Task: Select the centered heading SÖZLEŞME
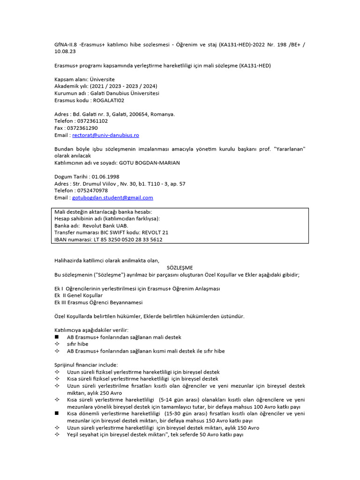(x=180, y=268)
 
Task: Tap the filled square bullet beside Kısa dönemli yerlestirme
(x=57, y=413)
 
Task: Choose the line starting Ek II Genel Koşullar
(x=78, y=295)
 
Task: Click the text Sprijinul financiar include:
(x=86, y=365)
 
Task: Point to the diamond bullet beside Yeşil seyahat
(x=57, y=435)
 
